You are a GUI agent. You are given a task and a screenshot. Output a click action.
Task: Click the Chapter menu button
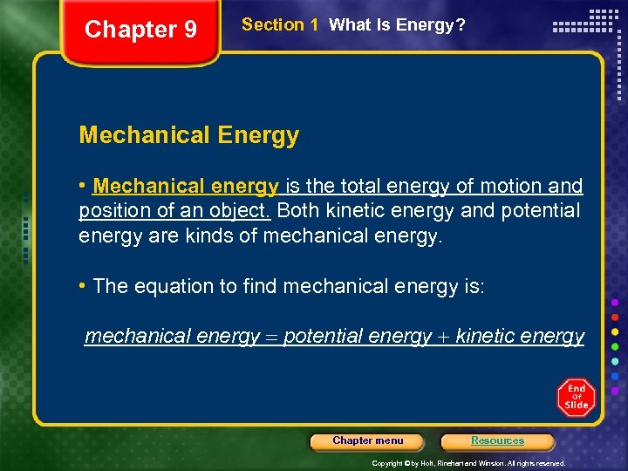click(x=368, y=441)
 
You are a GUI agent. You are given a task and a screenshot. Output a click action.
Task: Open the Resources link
click(x=497, y=441)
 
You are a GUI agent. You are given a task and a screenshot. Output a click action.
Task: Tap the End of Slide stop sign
click(x=576, y=398)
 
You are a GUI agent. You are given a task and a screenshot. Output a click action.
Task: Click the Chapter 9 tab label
click(x=140, y=30)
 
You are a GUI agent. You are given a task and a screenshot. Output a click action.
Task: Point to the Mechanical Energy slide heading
click(x=188, y=135)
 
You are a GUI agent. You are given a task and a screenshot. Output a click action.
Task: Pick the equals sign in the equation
click(x=271, y=337)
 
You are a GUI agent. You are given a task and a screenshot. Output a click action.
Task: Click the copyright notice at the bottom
click(x=468, y=463)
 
